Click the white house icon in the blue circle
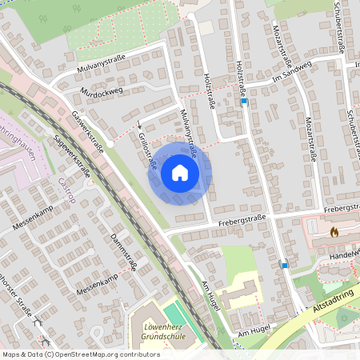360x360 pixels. click(179, 173)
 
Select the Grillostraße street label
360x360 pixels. click(146, 150)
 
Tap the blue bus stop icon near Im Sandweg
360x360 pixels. click(244, 102)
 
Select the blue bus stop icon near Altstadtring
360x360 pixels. click(284, 264)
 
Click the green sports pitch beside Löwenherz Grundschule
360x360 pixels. click(177, 314)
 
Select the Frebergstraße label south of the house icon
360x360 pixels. click(242, 218)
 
